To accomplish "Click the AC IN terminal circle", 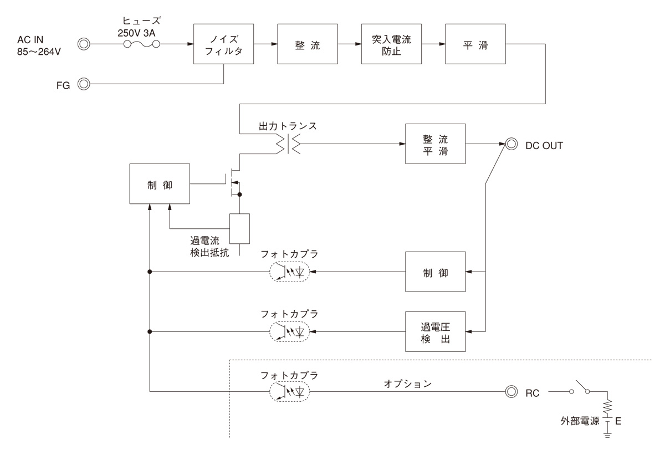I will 84,44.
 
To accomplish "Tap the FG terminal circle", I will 84,84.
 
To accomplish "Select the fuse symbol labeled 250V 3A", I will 142,44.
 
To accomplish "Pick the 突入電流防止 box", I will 391,44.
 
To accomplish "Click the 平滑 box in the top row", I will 475,44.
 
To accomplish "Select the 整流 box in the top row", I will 308,44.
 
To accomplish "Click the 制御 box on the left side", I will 160,184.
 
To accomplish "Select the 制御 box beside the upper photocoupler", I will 436,272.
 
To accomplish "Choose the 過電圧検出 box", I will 436,331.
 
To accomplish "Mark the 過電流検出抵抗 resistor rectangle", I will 239,228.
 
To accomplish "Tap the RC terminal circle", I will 510,391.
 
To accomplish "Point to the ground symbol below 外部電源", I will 607,435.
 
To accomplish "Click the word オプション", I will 407,384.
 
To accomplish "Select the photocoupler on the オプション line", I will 289,391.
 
